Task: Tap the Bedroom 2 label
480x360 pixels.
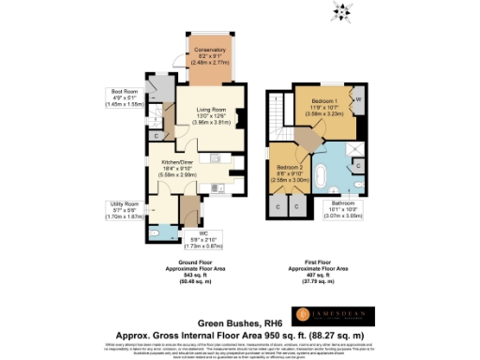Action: coord(290,170)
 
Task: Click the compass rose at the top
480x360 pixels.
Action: coord(340,11)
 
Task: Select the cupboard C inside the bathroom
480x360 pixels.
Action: coord(360,166)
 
